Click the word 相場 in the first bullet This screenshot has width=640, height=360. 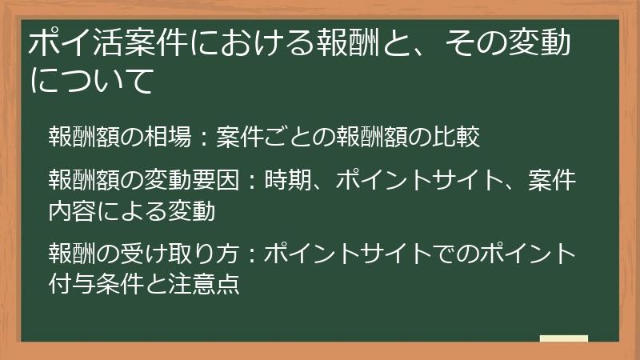(x=168, y=138)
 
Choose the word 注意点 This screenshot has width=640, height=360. (x=217, y=284)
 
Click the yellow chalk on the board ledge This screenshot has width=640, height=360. (x=563, y=338)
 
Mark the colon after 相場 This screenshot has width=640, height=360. (x=203, y=138)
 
